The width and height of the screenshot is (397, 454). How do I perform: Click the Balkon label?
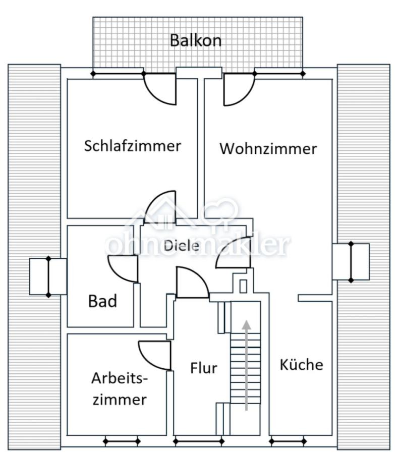195,40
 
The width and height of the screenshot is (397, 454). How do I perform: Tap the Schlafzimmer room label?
132,146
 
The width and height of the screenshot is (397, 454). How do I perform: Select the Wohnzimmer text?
268,149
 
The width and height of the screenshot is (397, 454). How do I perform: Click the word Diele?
181,246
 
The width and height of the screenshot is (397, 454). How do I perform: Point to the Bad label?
102,302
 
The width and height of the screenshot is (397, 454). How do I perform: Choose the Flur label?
203,368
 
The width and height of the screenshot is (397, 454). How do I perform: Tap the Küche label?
301,365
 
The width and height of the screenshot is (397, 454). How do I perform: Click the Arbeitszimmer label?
120,389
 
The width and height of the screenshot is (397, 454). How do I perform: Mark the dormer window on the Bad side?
48,276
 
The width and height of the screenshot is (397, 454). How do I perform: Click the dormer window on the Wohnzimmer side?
351,261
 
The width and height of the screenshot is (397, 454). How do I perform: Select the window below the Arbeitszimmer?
122,442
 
